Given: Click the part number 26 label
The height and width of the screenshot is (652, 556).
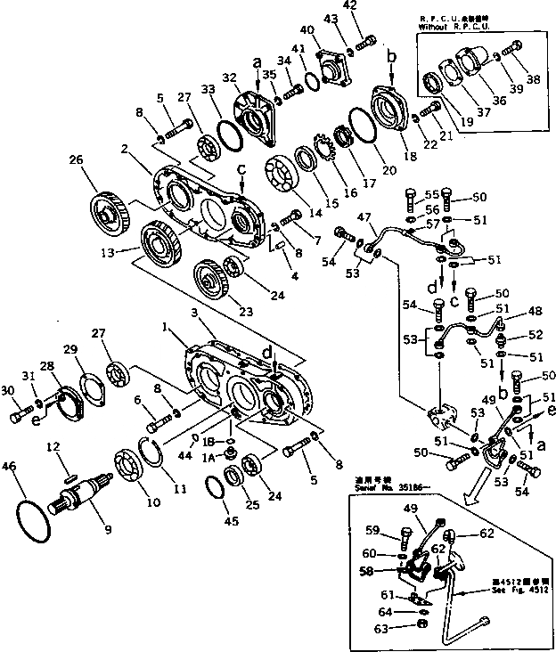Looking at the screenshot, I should point(76,160).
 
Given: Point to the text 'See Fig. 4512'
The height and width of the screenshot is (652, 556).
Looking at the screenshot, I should point(518,592).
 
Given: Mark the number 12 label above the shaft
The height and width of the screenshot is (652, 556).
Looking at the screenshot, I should point(54,446).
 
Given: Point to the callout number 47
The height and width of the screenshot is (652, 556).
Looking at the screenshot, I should point(364,216).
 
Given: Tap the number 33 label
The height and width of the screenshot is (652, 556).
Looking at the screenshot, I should point(208,89).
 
